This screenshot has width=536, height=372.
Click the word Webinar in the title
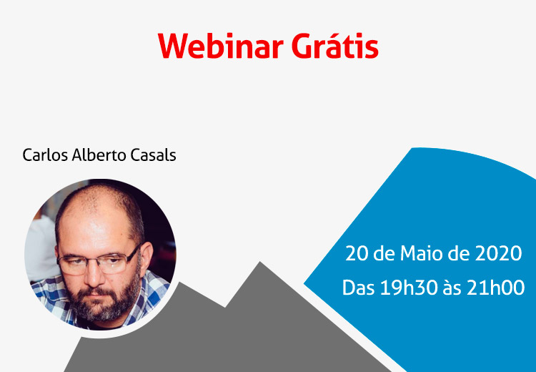click(x=221, y=46)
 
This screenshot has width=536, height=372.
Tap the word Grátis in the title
click(x=335, y=45)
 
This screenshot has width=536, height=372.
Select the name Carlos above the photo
click(x=45, y=155)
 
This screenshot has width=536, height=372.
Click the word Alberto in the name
click(x=94, y=155)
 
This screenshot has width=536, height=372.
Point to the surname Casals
click(x=149, y=155)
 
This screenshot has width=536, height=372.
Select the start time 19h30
click(x=409, y=288)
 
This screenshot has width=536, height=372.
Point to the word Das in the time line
click(x=359, y=288)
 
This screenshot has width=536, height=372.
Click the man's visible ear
click(x=145, y=258)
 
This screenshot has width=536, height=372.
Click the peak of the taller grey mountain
click(x=260, y=262)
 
